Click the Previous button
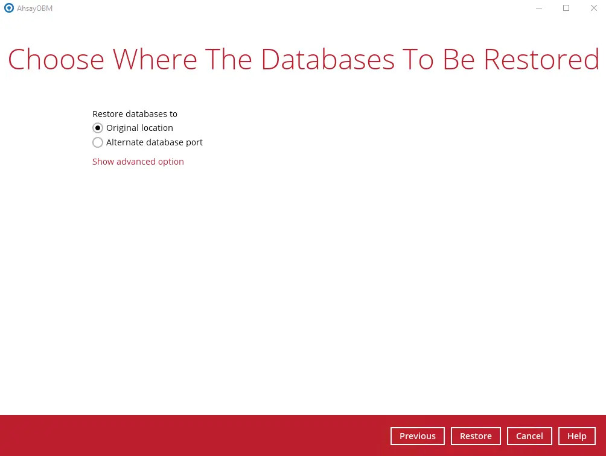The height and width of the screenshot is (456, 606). pos(418,436)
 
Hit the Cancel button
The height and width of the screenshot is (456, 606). pos(529,436)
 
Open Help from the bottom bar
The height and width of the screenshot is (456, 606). pos(576,436)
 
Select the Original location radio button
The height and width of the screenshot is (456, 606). pos(98,128)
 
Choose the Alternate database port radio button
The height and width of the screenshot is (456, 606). pos(98,142)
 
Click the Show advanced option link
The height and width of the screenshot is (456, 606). pos(138,162)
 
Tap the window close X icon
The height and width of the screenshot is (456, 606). pos(594,8)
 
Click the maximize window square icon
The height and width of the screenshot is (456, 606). pos(566,8)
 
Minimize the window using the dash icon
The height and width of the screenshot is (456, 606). pos(539,8)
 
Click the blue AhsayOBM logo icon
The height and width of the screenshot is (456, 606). pos(9,8)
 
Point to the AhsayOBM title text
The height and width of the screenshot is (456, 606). pos(35,8)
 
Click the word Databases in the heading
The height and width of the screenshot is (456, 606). pos(328,60)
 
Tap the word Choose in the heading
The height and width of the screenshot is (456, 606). pos(56,60)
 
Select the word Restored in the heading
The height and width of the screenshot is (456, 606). pos(541,60)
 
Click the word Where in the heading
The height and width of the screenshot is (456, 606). pos(155,60)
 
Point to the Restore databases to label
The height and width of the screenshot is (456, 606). pos(135,114)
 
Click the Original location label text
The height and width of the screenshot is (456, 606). pos(139,128)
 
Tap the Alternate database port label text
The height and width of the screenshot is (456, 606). pos(154,142)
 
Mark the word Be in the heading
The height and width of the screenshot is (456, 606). pos(459,60)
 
